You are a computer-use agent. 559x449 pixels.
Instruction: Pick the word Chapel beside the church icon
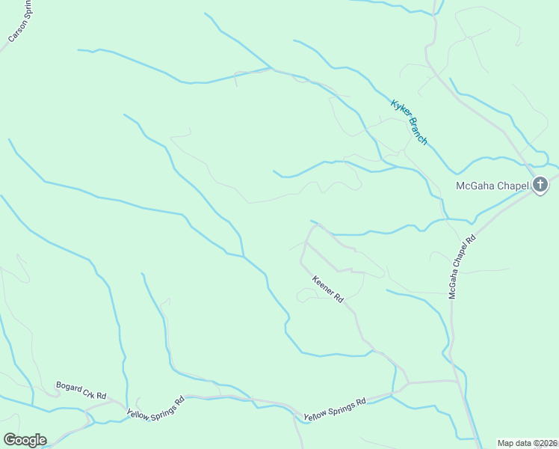click(x=513, y=186)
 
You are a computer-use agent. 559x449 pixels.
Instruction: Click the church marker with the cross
click(x=540, y=185)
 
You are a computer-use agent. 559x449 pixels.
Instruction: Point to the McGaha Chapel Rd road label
click(x=462, y=268)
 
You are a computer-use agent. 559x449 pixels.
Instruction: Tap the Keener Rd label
click(x=327, y=289)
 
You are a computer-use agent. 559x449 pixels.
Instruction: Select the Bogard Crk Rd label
click(x=81, y=390)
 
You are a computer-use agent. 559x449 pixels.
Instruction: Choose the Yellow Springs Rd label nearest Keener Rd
click(x=334, y=409)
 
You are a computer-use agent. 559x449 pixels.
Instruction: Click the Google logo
click(x=25, y=439)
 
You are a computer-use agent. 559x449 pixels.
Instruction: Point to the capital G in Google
click(x=10, y=439)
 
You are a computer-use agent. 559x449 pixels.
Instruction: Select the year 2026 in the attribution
click(x=549, y=443)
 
